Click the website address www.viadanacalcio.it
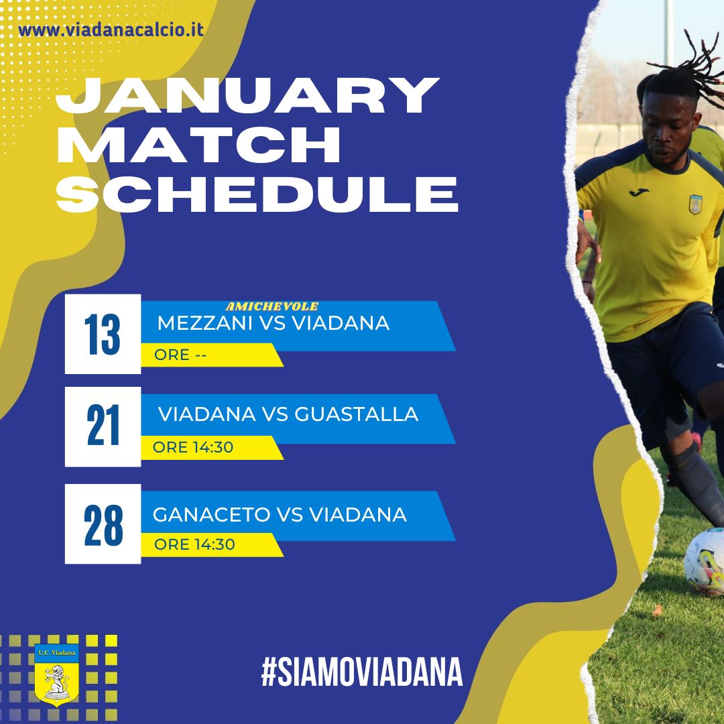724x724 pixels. [111, 30]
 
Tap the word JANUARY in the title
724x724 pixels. [247, 95]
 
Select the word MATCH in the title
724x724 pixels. [198, 144]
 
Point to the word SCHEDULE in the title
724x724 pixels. [257, 193]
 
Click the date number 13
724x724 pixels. [102, 335]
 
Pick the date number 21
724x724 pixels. [103, 425]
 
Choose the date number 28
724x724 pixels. [103, 525]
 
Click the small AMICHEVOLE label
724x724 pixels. [272, 306]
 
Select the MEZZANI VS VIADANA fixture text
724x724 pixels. [274, 322]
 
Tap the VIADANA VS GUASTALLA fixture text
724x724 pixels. [288, 414]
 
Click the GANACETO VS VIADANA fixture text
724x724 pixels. [280, 514]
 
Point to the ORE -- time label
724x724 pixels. [180, 355]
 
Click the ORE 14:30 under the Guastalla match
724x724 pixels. [193, 447]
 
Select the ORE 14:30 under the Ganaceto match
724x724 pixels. [194, 544]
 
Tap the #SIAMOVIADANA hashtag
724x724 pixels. [362, 672]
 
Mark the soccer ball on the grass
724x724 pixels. [704, 561]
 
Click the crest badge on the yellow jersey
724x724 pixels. [696, 204]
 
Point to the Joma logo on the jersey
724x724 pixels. [639, 192]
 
